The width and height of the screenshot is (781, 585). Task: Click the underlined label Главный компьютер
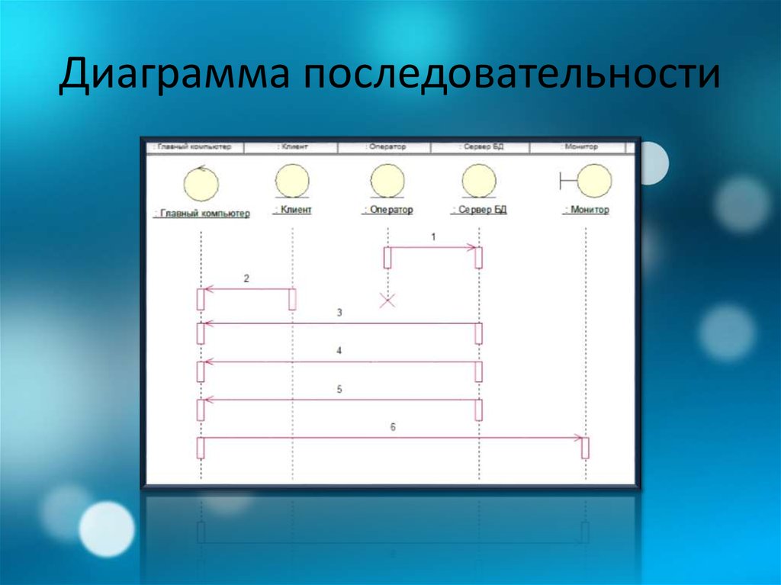pos(201,214)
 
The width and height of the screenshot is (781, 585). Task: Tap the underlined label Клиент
pos(292,210)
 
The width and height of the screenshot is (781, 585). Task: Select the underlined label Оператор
pos(387,210)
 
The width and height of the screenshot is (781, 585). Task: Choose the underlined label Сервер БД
pos(480,210)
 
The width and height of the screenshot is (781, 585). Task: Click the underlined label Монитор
pos(587,210)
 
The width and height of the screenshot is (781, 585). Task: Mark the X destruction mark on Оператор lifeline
pos(387,301)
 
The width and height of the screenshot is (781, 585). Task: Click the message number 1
pos(433,237)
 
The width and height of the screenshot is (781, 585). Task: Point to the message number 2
pos(246,279)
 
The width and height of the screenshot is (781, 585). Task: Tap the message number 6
pos(393,428)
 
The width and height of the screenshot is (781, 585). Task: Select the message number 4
pos(339,351)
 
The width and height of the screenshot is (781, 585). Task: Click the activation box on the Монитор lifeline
pos(585,447)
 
